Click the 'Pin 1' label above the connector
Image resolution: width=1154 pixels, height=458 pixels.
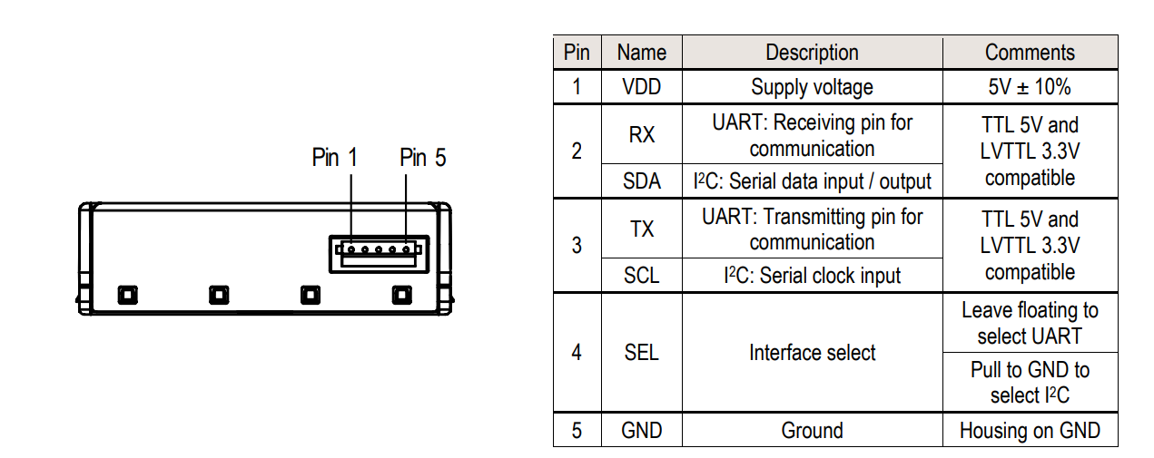(x=334, y=158)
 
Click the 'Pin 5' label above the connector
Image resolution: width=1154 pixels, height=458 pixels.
(x=422, y=158)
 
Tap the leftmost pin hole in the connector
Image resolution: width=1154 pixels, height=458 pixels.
(x=351, y=249)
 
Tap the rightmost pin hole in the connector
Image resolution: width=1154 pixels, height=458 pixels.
(x=406, y=249)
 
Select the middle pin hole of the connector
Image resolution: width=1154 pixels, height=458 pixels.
(x=379, y=249)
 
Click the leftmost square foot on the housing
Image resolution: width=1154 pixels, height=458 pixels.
(x=128, y=295)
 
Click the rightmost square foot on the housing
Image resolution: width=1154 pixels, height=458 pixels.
(x=402, y=295)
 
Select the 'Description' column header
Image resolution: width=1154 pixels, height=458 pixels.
(x=812, y=53)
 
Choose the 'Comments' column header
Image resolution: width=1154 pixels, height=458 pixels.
(x=1030, y=53)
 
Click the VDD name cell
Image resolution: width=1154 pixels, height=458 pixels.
(x=641, y=87)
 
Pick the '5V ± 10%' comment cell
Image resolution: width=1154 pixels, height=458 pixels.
(x=1030, y=87)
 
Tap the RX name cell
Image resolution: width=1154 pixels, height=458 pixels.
(x=641, y=135)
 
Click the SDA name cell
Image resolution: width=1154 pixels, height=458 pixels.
(x=641, y=181)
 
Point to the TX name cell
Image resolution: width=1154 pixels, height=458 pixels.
(x=641, y=229)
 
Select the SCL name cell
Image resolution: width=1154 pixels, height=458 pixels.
(x=641, y=276)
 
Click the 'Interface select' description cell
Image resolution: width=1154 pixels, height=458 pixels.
(x=812, y=353)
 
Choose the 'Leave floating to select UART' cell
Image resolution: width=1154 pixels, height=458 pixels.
(x=1030, y=323)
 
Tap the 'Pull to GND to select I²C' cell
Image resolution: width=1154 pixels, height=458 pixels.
(x=1030, y=383)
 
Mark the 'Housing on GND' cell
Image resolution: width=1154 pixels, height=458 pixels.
(x=1030, y=431)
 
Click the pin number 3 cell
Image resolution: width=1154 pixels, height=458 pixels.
(x=577, y=246)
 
